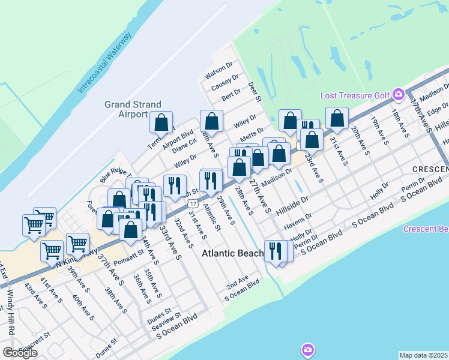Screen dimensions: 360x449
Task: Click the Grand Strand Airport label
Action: [125, 109]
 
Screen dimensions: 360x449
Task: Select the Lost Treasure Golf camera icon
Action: [398, 94]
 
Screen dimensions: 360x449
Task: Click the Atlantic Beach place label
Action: [233, 253]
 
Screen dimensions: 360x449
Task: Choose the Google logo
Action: [20, 352]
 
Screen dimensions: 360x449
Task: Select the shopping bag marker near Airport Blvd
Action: [161, 122]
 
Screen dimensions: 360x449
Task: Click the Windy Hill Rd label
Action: [10, 313]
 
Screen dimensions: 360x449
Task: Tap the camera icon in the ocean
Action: [308, 350]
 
